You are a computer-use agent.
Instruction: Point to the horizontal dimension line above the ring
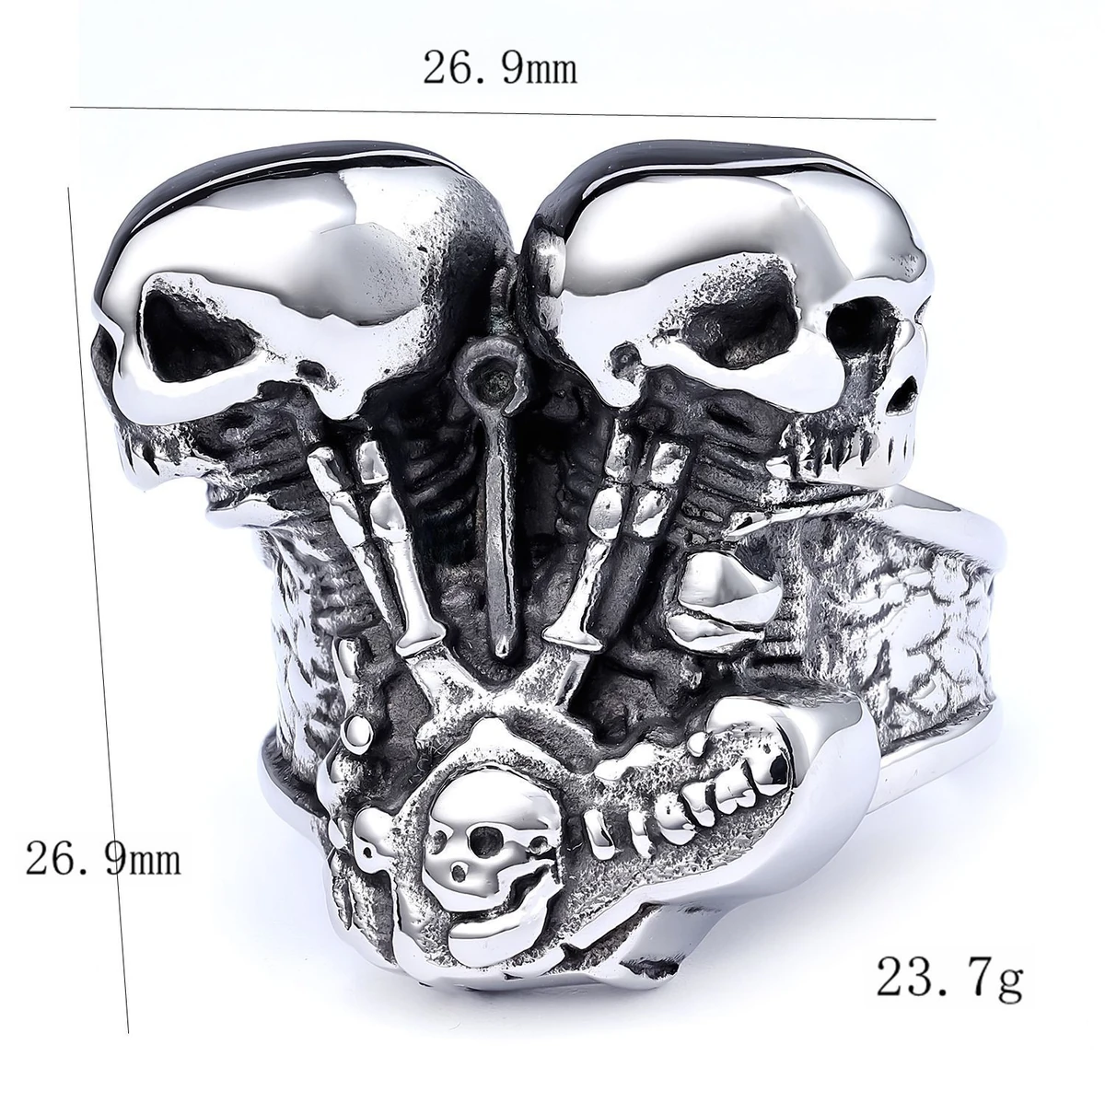pyautogui.click(x=503, y=113)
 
